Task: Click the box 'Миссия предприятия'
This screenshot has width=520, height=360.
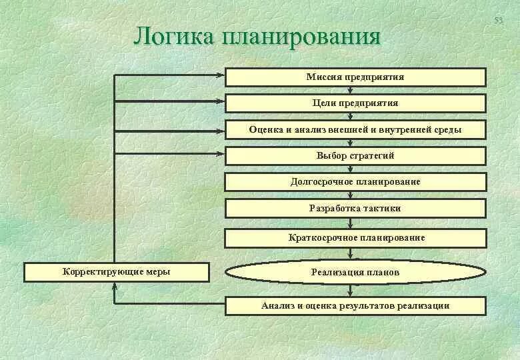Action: click(355, 77)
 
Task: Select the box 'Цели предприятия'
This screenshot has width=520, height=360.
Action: click(355, 103)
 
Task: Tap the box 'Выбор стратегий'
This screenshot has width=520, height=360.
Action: click(355, 156)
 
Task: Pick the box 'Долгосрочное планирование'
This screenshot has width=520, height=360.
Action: click(355, 182)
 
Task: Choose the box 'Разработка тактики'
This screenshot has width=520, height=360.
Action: click(355, 208)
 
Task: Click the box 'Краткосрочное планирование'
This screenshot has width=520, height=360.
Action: click(355, 237)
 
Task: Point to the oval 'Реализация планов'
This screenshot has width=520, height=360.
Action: click(355, 272)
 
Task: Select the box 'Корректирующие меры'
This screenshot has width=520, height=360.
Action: click(116, 271)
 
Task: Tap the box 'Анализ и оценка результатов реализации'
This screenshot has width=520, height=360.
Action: click(355, 306)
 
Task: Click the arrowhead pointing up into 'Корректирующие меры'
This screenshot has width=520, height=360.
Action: click(115, 285)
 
